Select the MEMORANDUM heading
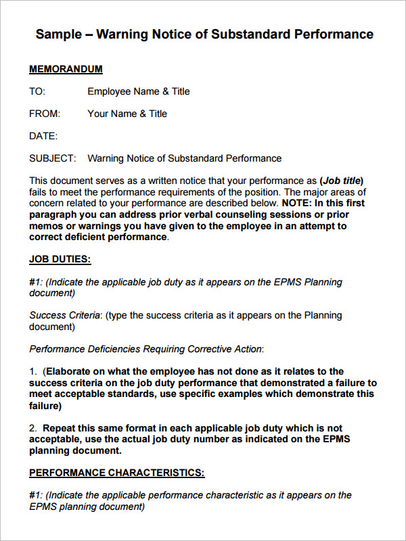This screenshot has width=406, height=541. pos(66,69)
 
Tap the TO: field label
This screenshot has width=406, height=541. pos(37,91)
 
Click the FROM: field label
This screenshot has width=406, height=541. pos(45,114)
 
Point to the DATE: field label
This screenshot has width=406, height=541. pos(43,136)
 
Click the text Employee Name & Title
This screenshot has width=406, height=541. pos(139,91)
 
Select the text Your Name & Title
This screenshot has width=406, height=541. pos(127,114)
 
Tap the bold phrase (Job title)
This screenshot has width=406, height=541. pos(342,181)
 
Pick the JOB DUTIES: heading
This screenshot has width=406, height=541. pos(60,259)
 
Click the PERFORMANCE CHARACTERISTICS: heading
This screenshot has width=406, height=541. pos(117,472)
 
